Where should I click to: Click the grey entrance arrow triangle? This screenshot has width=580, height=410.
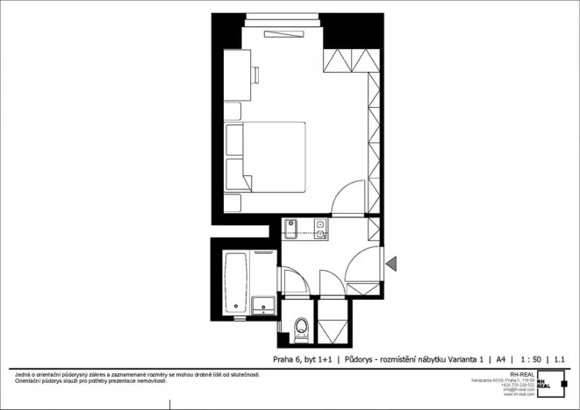point(391,261)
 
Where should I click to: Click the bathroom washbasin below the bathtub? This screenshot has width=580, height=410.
point(261,306)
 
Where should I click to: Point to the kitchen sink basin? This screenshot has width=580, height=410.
point(291,230)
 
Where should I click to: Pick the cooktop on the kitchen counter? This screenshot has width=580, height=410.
point(320,230)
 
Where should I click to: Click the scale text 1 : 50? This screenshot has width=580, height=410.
point(529,359)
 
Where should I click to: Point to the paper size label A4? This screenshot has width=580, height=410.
point(501,359)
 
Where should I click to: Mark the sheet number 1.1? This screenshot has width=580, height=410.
point(560,359)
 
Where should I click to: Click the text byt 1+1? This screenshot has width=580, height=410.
point(319,359)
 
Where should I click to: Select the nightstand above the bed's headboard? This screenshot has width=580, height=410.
point(233,111)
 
